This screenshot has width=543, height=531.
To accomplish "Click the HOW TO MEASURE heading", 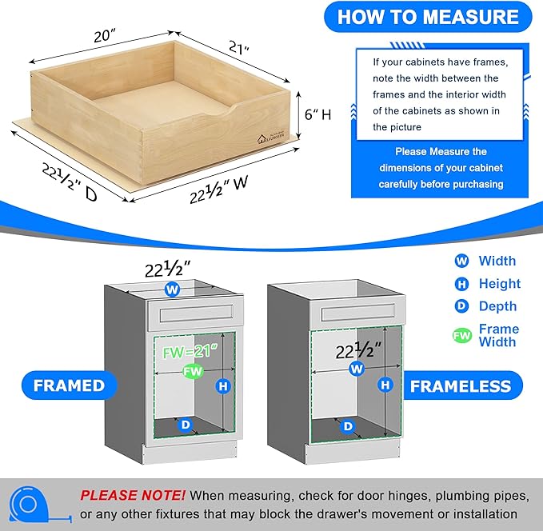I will [428, 17].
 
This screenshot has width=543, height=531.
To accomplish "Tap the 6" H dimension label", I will [314, 114].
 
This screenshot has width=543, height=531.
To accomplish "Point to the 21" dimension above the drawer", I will [236, 49].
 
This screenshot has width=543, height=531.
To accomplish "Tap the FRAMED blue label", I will [69, 385].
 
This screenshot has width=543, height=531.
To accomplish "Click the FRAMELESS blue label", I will [460, 386].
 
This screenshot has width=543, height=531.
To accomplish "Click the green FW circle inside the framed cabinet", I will [191, 371].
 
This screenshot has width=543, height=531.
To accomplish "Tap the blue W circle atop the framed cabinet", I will [172, 289].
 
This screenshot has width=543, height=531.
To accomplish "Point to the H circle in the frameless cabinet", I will [385, 385].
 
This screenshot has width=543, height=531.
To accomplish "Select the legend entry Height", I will [498, 284].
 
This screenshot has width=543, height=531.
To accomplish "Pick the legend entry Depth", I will [497, 306].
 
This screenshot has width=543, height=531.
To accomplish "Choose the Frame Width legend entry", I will [497, 335].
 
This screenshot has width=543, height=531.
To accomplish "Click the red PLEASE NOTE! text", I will [133, 496].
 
